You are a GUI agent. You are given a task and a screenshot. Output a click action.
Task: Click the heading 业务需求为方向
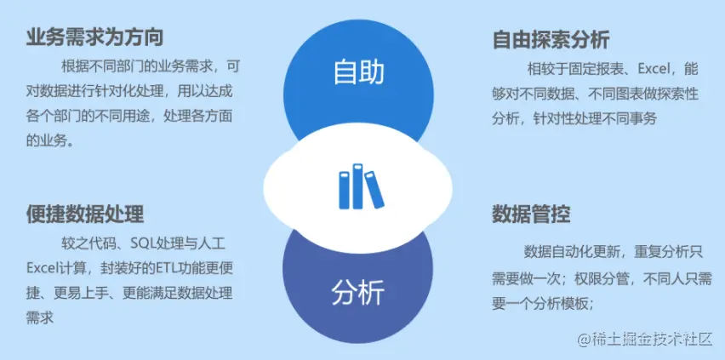94,37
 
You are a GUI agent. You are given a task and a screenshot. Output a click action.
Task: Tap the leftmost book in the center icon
345,190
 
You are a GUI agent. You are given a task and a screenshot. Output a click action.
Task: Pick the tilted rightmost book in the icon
374,187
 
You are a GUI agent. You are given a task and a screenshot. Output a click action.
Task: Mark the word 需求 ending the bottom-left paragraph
40,317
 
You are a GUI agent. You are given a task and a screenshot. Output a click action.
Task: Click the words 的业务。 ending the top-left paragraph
50,140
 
